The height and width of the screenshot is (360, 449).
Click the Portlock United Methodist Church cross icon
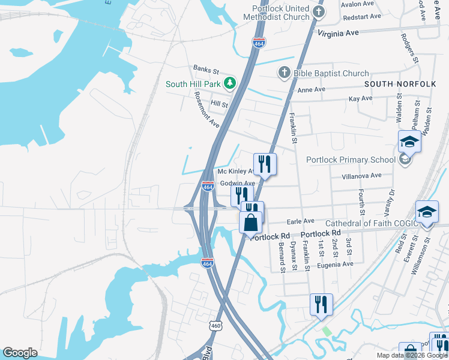coord(319,11)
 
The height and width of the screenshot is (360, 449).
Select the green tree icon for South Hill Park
coord(229,83)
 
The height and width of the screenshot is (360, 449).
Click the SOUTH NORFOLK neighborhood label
coord(400,84)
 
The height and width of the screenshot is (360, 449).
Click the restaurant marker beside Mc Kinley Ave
coord(264,163)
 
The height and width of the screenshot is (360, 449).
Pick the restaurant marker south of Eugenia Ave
coord(321,304)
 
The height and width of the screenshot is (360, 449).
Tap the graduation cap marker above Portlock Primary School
coord(409,142)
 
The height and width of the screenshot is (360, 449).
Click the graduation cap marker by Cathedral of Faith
coord(427,212)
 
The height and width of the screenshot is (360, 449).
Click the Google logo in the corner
coord(20,353)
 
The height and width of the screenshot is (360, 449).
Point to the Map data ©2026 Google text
coord(412,355)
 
